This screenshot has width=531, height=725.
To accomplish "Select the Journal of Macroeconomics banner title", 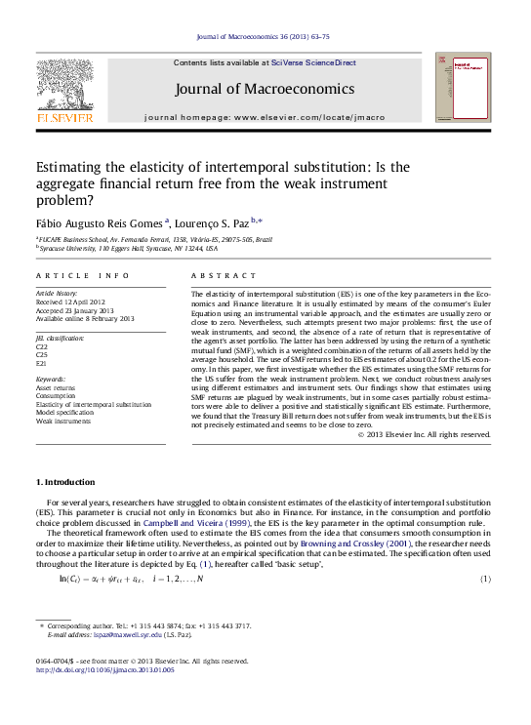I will [264, 89].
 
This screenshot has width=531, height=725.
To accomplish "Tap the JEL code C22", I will [42, 346].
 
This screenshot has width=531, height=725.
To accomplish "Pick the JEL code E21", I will [41, 362].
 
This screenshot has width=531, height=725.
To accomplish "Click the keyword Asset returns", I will [55, 387].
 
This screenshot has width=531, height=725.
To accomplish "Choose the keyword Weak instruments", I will [61, 421].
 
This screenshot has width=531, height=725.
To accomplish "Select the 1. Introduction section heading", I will [65, 482].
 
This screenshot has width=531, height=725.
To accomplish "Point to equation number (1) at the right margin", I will [485, 580].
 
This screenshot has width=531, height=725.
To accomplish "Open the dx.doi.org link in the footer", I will [104, 670].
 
